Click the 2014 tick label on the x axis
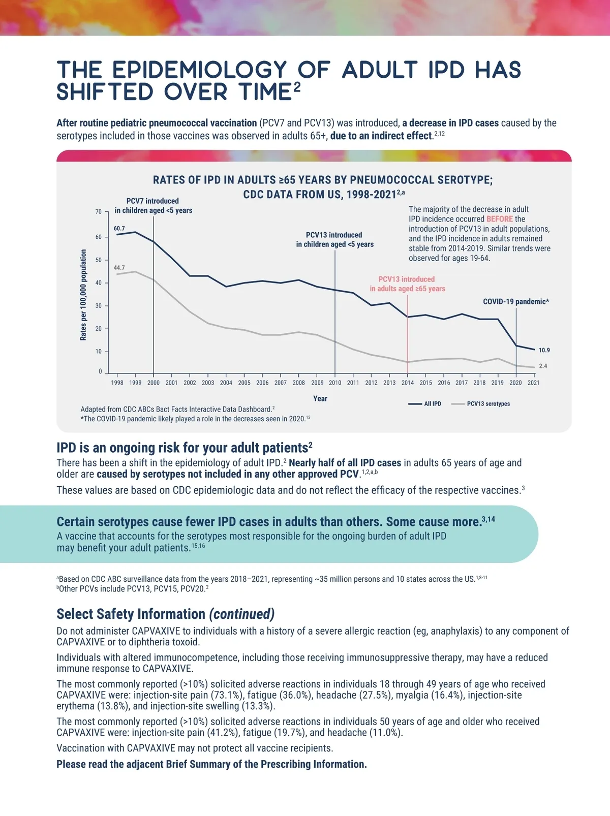click(408, 383)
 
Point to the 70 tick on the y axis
click(99, 211)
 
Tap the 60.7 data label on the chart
click(119, 229)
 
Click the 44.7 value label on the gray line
click(119, 268)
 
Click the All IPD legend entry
click(433, 404)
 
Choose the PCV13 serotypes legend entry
click(488, 404)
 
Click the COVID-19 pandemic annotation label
click(515, 302)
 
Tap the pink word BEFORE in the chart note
click(499, 219)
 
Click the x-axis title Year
click(320, 398)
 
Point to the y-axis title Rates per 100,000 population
click(83, 295)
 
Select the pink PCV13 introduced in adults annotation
click(407, 284)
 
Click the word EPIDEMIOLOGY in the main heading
click(200, 70)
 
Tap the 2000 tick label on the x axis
click(154, 383)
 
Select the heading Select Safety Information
click(131, 614)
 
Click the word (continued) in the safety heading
click(242, 614)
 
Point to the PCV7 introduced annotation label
click(153, 206)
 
